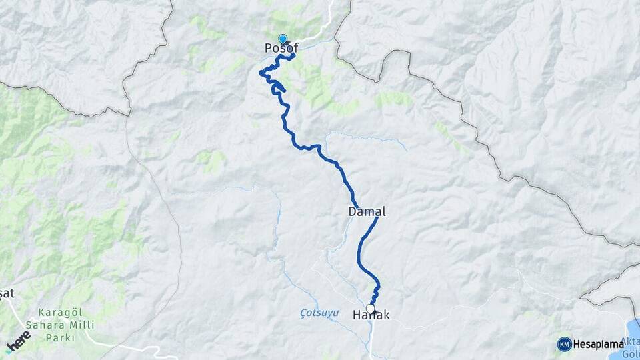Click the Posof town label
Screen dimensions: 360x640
coord(281,48)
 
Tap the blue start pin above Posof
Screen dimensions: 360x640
coord(283,39)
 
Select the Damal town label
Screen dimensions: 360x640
coord(367,211)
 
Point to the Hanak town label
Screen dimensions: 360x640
coord(371,315)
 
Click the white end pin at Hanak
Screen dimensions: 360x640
coord(371,308)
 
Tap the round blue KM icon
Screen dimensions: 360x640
coord(564,344)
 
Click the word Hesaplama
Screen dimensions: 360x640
coord(599,344)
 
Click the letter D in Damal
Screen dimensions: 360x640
coord(352,211)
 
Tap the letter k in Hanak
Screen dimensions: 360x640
coord(386,315)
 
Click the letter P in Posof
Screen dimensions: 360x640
coord(269,48)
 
